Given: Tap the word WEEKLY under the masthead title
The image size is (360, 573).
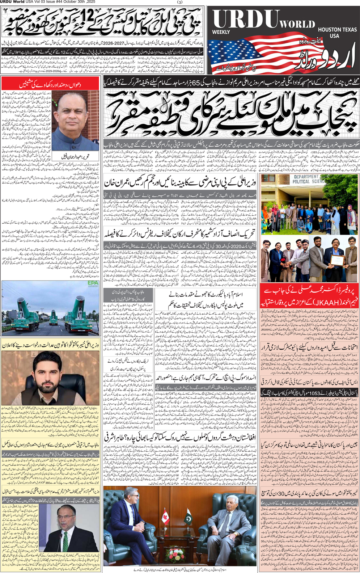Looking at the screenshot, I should pyautogui.click(x=221, y=32).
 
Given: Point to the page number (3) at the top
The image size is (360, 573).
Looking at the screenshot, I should pyautogui.click(x=180, y=2).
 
